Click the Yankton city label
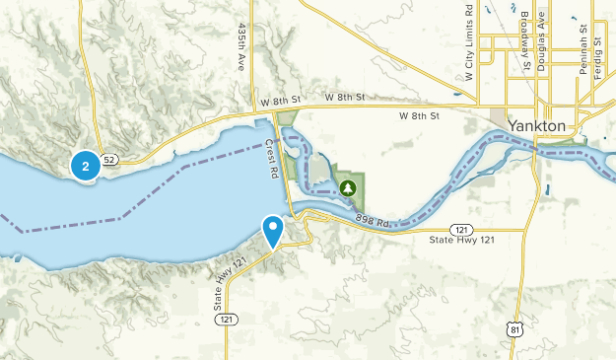pyautogui.click(x=538, y=126)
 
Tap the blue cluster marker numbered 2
pyautogui.click(x=86, y=166)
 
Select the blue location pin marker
pyautogui.click(x=273, y=231)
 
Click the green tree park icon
pyautogui.click(x=347, y=186)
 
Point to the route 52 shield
pyautogui.click(x=108, y=159)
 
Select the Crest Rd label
pyautogui.click(x=272, y=159)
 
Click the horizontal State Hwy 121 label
pyautogui.click(x=460, y=239)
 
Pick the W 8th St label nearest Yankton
pyautogui.click(x=417, y=116)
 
